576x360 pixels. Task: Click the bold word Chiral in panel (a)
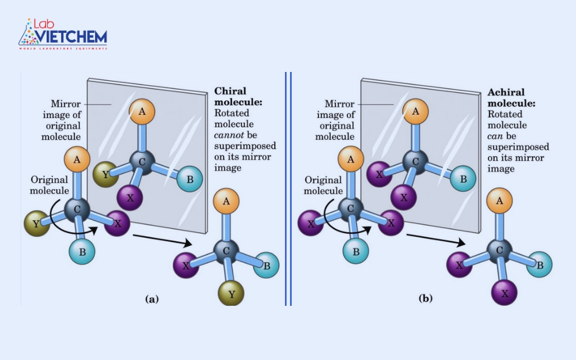click(230, 91)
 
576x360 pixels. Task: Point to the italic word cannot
click(229, 135)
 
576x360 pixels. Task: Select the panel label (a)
click(151, 298)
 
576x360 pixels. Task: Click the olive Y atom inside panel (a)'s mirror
click(105, 175)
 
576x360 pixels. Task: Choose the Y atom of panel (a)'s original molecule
click(36, 223)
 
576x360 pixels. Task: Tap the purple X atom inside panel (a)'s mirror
click(130, 198)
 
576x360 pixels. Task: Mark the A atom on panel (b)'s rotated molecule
click(499, 201)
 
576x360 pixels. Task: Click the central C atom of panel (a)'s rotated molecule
click(226, 251)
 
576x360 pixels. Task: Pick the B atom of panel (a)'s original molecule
click(82, 251)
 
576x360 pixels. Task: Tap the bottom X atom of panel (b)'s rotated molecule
click(504, 293)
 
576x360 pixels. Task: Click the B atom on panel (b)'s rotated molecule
click(540, 264)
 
